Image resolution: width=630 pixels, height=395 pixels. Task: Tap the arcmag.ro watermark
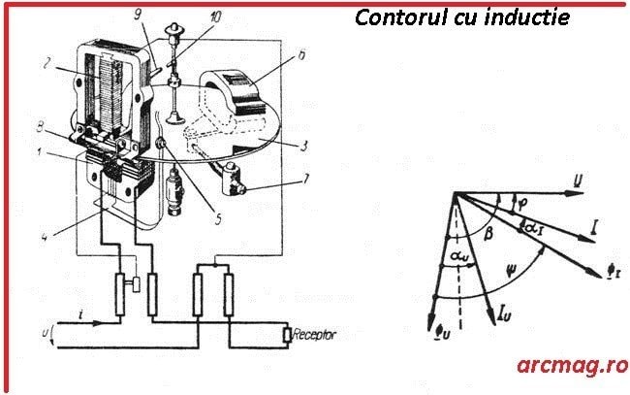coord(571,365)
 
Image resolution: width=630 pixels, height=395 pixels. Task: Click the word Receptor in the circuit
coord(312,334)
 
